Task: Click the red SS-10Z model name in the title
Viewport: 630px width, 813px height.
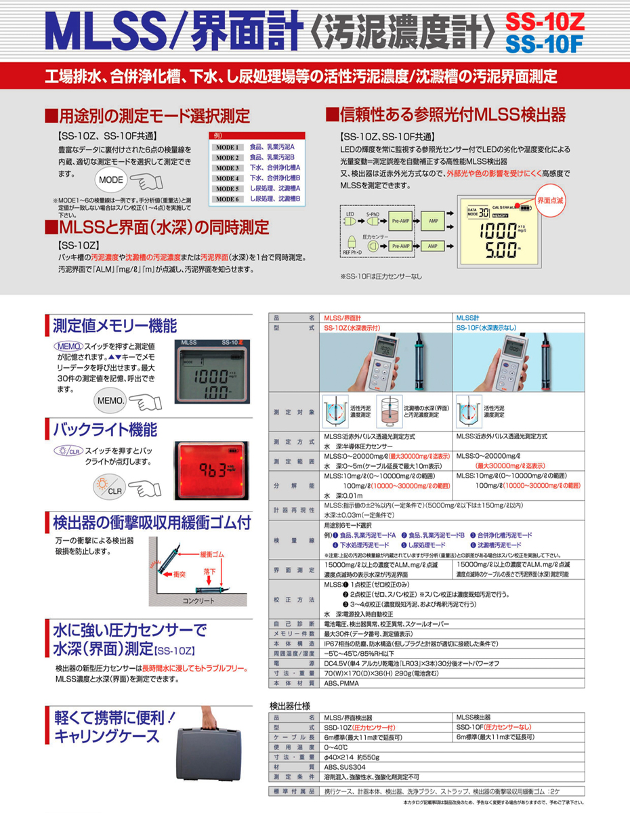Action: coord(544,21)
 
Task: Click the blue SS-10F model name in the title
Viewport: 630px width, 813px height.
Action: coord(544,44)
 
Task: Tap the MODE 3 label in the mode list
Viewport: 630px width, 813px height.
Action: coord(228,167)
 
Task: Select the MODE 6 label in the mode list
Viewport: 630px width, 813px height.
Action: coord(228,199)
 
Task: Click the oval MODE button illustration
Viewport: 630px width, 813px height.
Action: coord(110,182)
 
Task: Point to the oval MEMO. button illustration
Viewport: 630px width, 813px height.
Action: coord(111,400)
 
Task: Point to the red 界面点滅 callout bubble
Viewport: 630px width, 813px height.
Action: coord(549,201)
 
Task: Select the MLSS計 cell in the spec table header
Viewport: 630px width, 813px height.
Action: coord(467,317)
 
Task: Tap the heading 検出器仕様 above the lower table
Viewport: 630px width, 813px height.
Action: coord(290,705)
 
